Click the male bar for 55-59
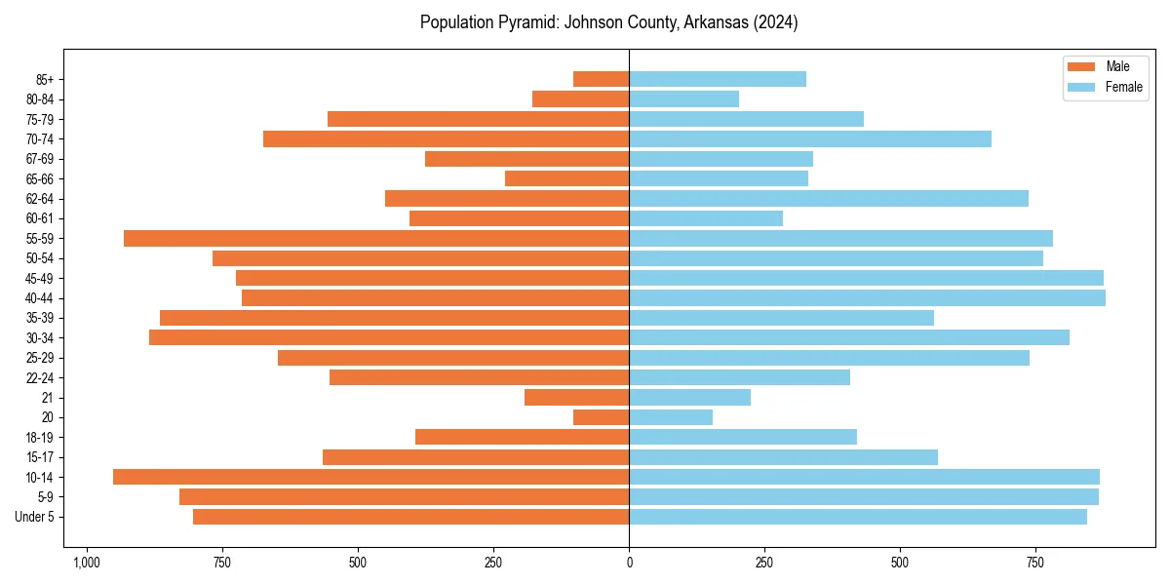(376, 238)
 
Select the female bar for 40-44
(867, 297)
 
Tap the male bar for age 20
(601, 417)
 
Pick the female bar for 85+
(718, 79)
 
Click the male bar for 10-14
(370, 477)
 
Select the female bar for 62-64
(829, 198)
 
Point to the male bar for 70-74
(446, 138)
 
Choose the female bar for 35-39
(781, 318)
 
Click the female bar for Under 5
(858, 517)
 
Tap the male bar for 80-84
(580, 98)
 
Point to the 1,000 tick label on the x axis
(87, 563)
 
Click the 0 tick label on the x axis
(629, 563)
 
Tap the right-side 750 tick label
(1035, 563)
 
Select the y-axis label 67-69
(40, 159)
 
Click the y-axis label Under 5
(35, 517)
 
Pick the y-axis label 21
(48, 398)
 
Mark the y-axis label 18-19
(40, 437)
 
